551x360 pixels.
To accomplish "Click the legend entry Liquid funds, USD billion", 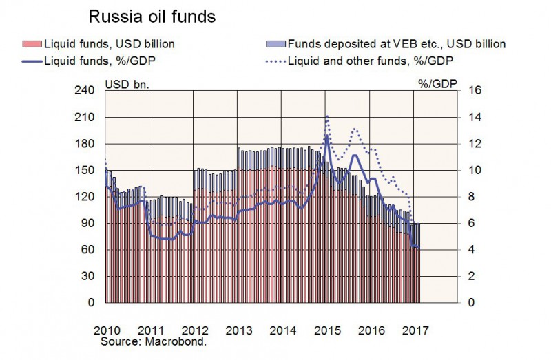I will [110, 44].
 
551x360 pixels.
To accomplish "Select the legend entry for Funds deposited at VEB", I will [395, 44].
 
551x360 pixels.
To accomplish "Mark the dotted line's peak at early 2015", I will [326, 116].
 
